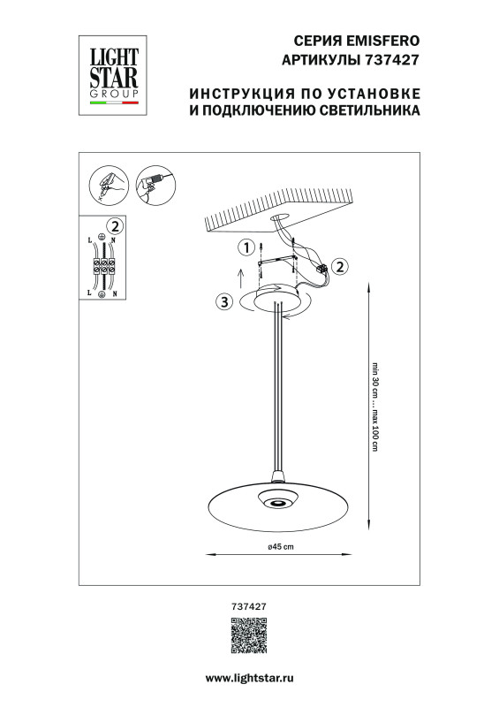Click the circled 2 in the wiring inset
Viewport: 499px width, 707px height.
(113, 225)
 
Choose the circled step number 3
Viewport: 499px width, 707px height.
(224, 302)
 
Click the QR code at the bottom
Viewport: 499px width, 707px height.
(248, 637)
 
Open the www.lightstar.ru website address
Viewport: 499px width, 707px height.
(249, 677)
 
